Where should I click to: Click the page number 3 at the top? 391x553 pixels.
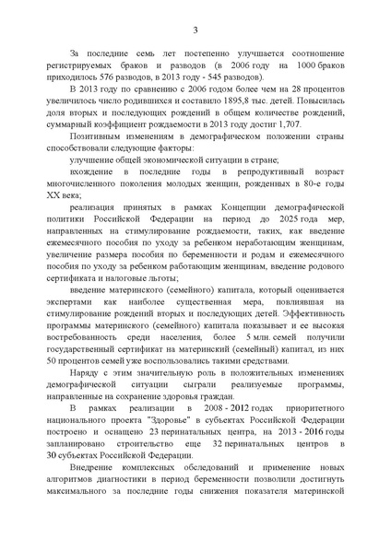pyautogui.click(x=195, y=31)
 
